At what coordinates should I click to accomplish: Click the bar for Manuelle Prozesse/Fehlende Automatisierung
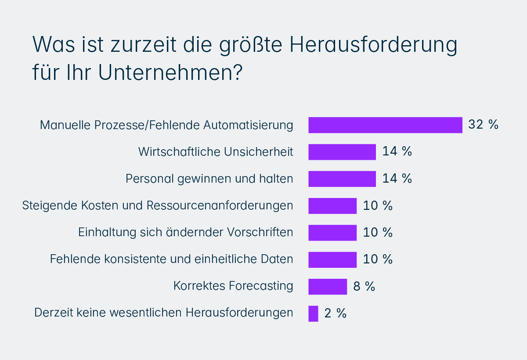pos(385,125)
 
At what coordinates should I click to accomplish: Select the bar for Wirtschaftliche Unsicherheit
pos(342,152)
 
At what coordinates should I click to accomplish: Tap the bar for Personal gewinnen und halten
pos(342,179)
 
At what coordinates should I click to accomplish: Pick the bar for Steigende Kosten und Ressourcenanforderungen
pos(332,206)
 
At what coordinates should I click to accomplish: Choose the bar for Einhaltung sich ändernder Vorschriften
pos(332,233)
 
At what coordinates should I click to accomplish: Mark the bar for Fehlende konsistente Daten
pos(332,259)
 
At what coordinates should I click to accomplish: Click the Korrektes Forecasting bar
pos(328,287)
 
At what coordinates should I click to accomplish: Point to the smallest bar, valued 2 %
pos(313,313)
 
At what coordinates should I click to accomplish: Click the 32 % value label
pos(483,125)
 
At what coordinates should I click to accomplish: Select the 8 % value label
pos(364,287)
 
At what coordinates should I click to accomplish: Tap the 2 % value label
pos(336,313)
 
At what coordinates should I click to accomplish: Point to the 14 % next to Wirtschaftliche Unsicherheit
pos(397,152)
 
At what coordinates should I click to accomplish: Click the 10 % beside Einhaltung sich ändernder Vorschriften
pos(378,233)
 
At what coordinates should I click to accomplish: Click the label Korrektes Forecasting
pos(233,286)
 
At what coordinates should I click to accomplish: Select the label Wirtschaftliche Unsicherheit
pos(216,152)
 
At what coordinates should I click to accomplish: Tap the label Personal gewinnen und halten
pos(209,179)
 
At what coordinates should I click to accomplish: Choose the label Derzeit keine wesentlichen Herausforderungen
pos(163,313)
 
